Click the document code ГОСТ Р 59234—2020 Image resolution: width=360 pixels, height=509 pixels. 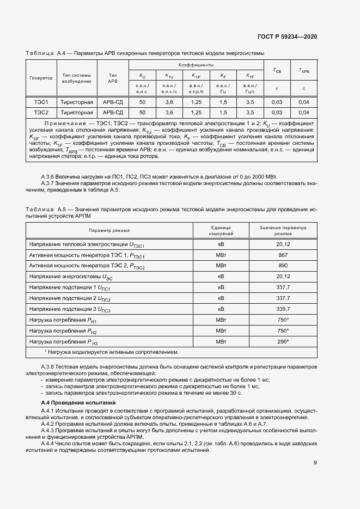[287, 37]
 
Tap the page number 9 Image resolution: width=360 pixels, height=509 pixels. [315, 463]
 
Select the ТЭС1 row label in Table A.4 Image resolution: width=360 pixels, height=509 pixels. [41, 102]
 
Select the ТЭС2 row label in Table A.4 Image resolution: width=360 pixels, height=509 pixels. [41, 113]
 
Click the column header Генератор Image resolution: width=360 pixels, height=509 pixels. [41, 78]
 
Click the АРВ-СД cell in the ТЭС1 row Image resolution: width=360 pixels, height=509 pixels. [113, 102]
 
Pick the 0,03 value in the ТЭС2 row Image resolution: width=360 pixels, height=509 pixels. [277, 113]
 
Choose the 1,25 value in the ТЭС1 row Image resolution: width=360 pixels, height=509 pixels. [196, 102]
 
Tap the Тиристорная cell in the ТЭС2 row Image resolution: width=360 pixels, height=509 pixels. [77, 113]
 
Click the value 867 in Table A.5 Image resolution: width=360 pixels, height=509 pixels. [283, 255]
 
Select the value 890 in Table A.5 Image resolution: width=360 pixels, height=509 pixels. [283, 265]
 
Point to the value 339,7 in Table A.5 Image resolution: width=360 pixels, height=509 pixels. [283, 309]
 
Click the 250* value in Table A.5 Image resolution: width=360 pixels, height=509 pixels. [283, 341]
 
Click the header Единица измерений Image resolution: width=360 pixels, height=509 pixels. [221, 231]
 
